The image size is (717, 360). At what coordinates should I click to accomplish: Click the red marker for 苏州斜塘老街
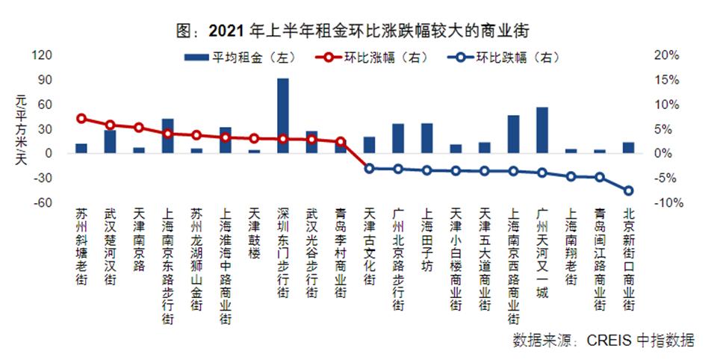coord(81,118)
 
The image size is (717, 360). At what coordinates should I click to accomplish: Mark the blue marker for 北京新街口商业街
coord(629,190)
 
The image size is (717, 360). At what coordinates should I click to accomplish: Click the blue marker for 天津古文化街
coord(370,168)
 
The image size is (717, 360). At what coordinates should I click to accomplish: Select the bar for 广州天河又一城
coord(542,130)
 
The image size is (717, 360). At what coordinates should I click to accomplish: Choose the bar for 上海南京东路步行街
coord(167,136)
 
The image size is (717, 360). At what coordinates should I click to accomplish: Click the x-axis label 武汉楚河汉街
coord(110,247)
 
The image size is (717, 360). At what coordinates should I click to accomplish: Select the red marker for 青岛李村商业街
coord(341,141)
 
